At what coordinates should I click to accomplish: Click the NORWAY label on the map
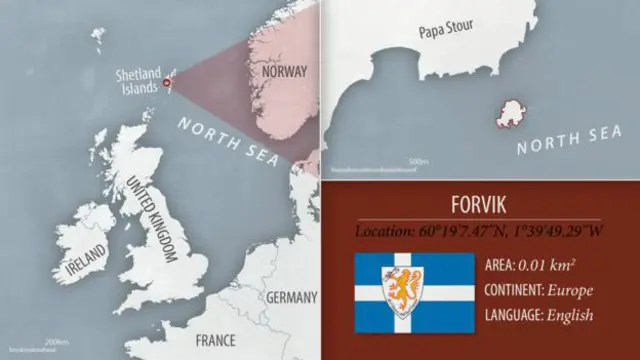pos(283,71)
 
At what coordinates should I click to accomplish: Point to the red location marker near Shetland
pos(167,83)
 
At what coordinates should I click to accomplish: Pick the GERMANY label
pos(291,297)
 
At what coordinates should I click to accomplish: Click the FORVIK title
pos(479,206)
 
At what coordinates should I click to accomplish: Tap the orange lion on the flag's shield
pos(403,289)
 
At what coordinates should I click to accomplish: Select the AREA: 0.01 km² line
pos(531,266)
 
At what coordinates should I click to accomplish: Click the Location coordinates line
pos(479,232)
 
